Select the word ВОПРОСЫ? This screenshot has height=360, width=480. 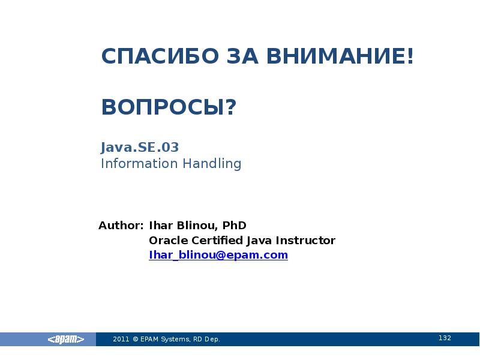tap(169, 108)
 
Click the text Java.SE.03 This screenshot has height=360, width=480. tap(140, 147)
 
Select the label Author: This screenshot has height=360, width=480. tap(121, 226)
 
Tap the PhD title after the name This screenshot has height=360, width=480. tap(234, 226)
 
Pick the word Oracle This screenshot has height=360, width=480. tap(163, 241)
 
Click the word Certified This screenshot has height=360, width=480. tap(212, 241)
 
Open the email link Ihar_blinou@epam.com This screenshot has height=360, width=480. tap(218, 255)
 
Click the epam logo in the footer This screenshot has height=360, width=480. tap(65, 340)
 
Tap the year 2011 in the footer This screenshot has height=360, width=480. tap(121, 340)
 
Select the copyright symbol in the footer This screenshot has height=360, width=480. tap(136, 340)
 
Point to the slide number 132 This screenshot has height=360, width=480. tap(445, 338)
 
